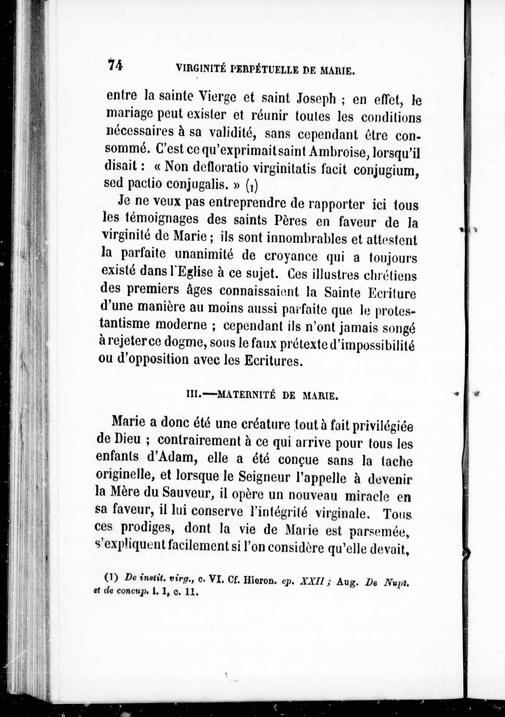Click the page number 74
115,65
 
